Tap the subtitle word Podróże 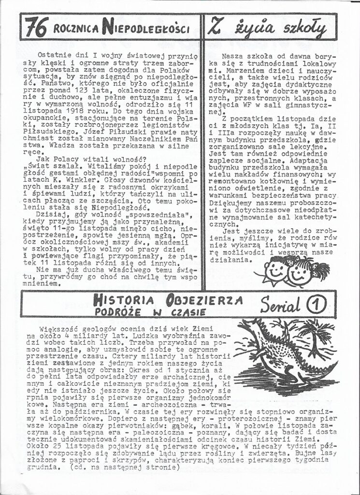coord(116,312)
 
